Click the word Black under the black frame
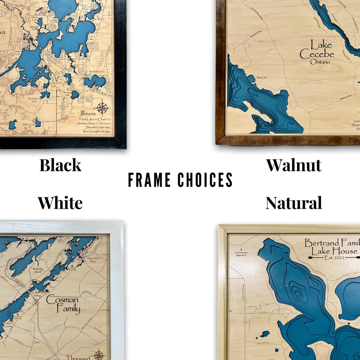point(60,165)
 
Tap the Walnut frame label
point(294,165)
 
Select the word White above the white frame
point(60,203)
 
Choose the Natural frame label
point(294,203)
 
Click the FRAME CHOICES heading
point(180,180)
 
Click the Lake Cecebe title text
point(316,49)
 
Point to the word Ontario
point(320,62)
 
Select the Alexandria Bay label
point(93,260)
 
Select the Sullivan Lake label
point(28,125)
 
